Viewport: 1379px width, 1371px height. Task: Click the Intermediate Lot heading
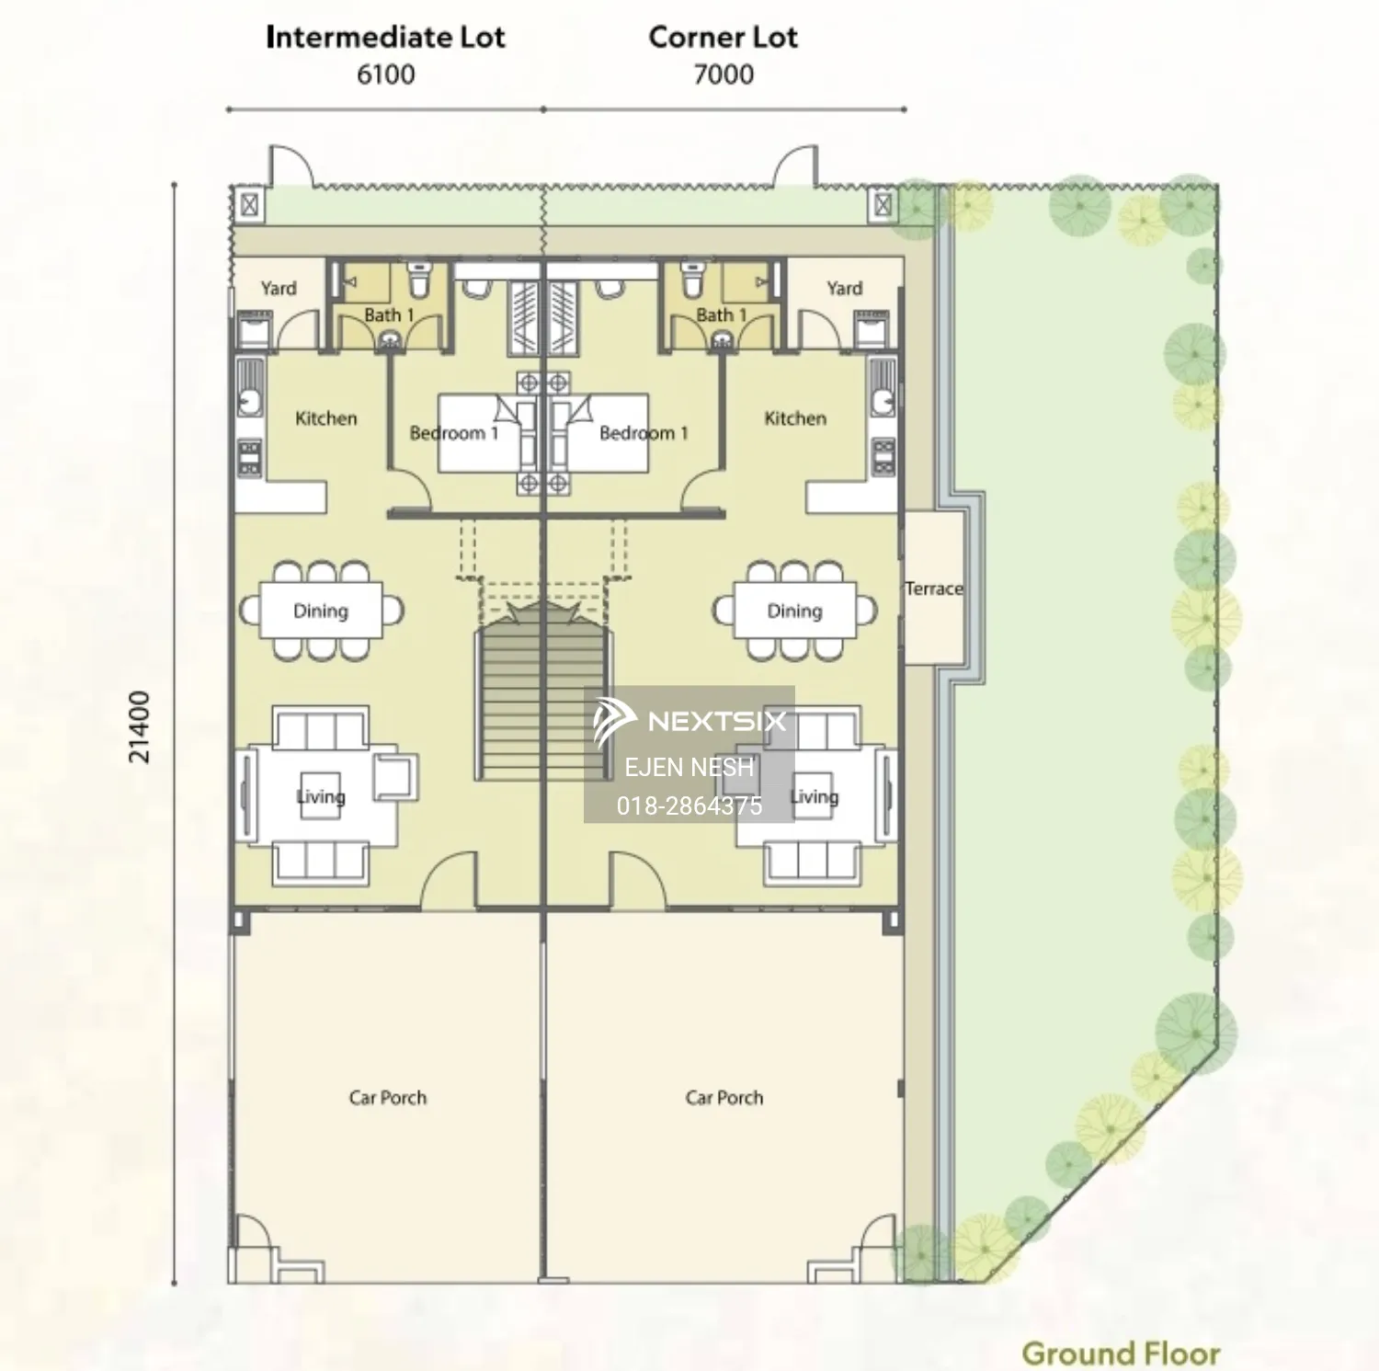(385, 37)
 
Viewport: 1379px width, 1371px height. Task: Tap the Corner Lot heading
(723, 37)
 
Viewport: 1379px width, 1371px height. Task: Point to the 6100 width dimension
(385, 74)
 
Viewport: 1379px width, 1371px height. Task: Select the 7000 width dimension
(724, 74)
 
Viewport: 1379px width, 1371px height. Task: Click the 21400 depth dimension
(139, 726)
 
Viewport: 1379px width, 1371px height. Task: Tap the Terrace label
(934, 588)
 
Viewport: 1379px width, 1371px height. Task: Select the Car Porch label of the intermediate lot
(388, 1097)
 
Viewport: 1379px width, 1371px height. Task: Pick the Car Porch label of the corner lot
(724, 1097)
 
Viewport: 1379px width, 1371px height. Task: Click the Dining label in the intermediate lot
(321, 611)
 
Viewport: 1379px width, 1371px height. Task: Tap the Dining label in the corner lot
(794, 611)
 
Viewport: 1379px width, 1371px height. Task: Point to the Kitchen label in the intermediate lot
(326, 418)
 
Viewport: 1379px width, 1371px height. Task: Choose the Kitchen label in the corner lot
(795, 418)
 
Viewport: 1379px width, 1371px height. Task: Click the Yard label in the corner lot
(844, 289)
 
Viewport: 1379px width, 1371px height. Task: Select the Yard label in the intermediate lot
(279, 289)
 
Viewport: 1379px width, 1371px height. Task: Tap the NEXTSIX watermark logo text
(717, 721)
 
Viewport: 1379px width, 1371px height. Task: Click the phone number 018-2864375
(689, 805)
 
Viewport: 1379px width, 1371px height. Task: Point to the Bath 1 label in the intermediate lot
(389, 315)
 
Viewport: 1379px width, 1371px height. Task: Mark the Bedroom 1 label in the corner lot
(644, 433)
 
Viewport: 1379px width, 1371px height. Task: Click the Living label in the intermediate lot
(321, 796)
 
